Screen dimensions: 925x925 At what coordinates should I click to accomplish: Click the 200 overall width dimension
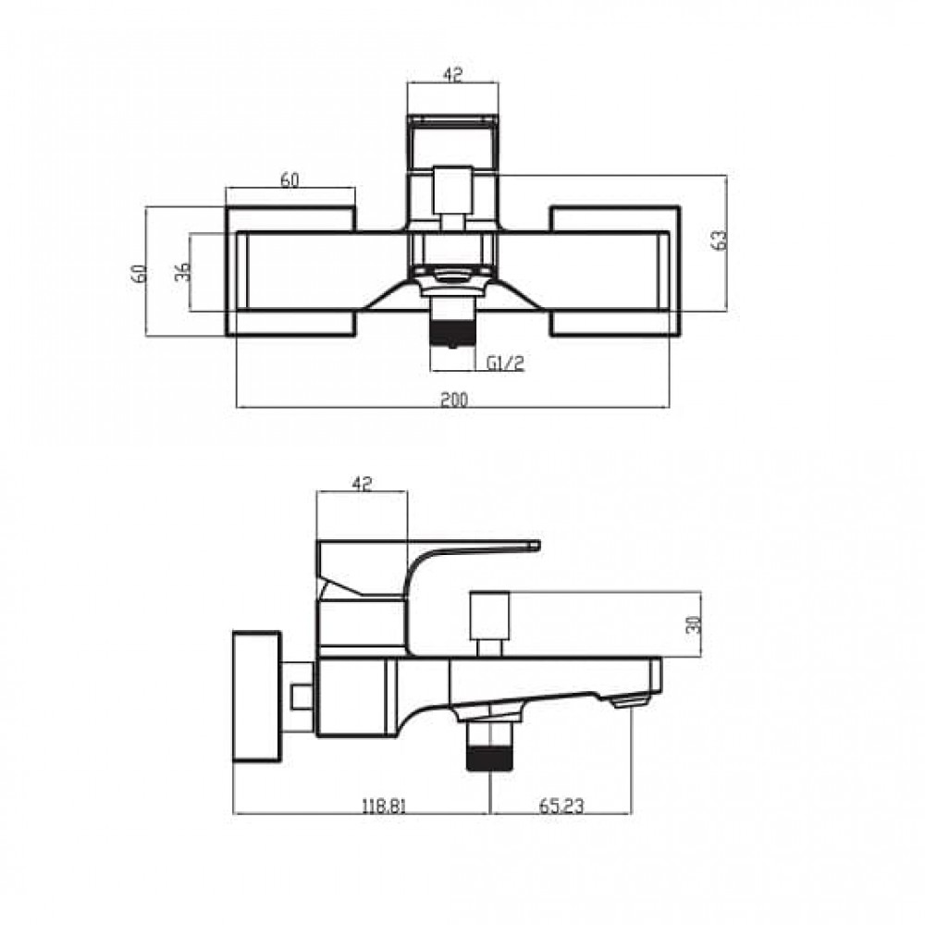tap(453, 400)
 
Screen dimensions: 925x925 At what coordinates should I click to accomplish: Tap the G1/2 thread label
tap(506, 364)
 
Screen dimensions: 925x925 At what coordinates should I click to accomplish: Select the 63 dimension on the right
tap(721, 240)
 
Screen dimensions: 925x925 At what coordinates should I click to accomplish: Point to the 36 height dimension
tap(184, 271)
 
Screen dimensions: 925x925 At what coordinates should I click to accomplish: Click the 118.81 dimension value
tap(384, 806)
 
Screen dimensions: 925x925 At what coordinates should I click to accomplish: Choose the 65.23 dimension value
tap(561, 806)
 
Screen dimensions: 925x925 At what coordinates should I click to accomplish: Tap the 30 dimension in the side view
tap(695, 624)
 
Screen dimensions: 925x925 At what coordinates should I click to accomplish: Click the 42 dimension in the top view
tap(452, 74)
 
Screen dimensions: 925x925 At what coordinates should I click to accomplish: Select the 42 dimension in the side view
tap(362, 484)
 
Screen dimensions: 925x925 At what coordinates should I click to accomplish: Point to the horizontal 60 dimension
tap(290, 180)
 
